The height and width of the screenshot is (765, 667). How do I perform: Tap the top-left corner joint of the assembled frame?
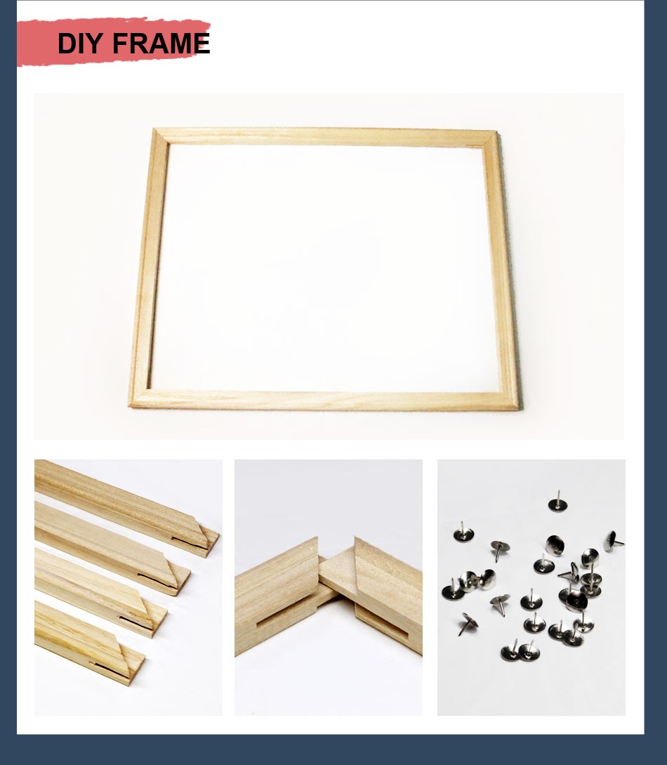click(161, 136)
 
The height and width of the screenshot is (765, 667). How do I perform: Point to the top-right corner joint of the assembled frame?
click(490, 138)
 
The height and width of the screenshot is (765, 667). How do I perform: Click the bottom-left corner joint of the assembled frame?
click(140, 398)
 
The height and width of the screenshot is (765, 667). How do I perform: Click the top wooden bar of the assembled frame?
click(326, 136)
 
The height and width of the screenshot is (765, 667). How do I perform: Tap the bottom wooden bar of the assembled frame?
click(324, 400)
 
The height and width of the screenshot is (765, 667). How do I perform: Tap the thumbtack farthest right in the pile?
click(614, 541)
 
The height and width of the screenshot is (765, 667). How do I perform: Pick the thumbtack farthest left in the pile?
click(452, 590)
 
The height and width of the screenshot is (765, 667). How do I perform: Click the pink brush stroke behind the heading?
click(113, 42)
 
